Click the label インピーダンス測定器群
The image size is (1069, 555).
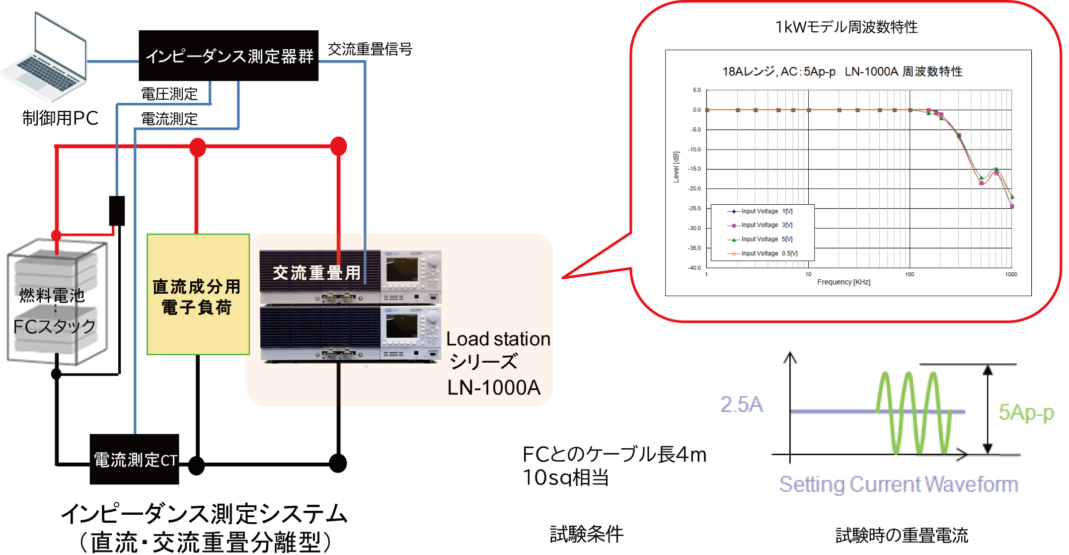pyautogui.click(x=229, y=57)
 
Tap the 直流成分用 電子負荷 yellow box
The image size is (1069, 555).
pyautogui.click(x=197, y=297)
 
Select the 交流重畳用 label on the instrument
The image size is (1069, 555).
pyautogui.click(x=316, y=273)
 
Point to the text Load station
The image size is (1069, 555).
pyautogui.click(x=498, y=339)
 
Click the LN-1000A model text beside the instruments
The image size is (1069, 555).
pyautogui.click(x=494, y=388)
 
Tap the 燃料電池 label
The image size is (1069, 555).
pyautogui.click(x=52, y=296)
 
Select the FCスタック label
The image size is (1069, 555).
pyautogui.click(x=54, y=326)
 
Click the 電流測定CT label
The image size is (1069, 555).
pyautogui.click(x=136, y=461)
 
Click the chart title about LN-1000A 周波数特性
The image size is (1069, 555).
pyautogui.click(x=842, y=72)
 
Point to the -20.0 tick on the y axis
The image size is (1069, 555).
pyautogui.click(x=694, y=189)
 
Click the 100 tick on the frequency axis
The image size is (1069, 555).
pyautogui.click(x=909, y=274)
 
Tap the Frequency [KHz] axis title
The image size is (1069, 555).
pyautogui.click(x=843, y=282)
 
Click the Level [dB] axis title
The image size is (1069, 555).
pyautogui.click(x=676, y=167)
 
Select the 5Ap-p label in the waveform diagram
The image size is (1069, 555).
pyautogui.click(x=1026, y=413)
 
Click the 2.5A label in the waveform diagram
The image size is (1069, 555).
pyautogui.click(x=742, y=405)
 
